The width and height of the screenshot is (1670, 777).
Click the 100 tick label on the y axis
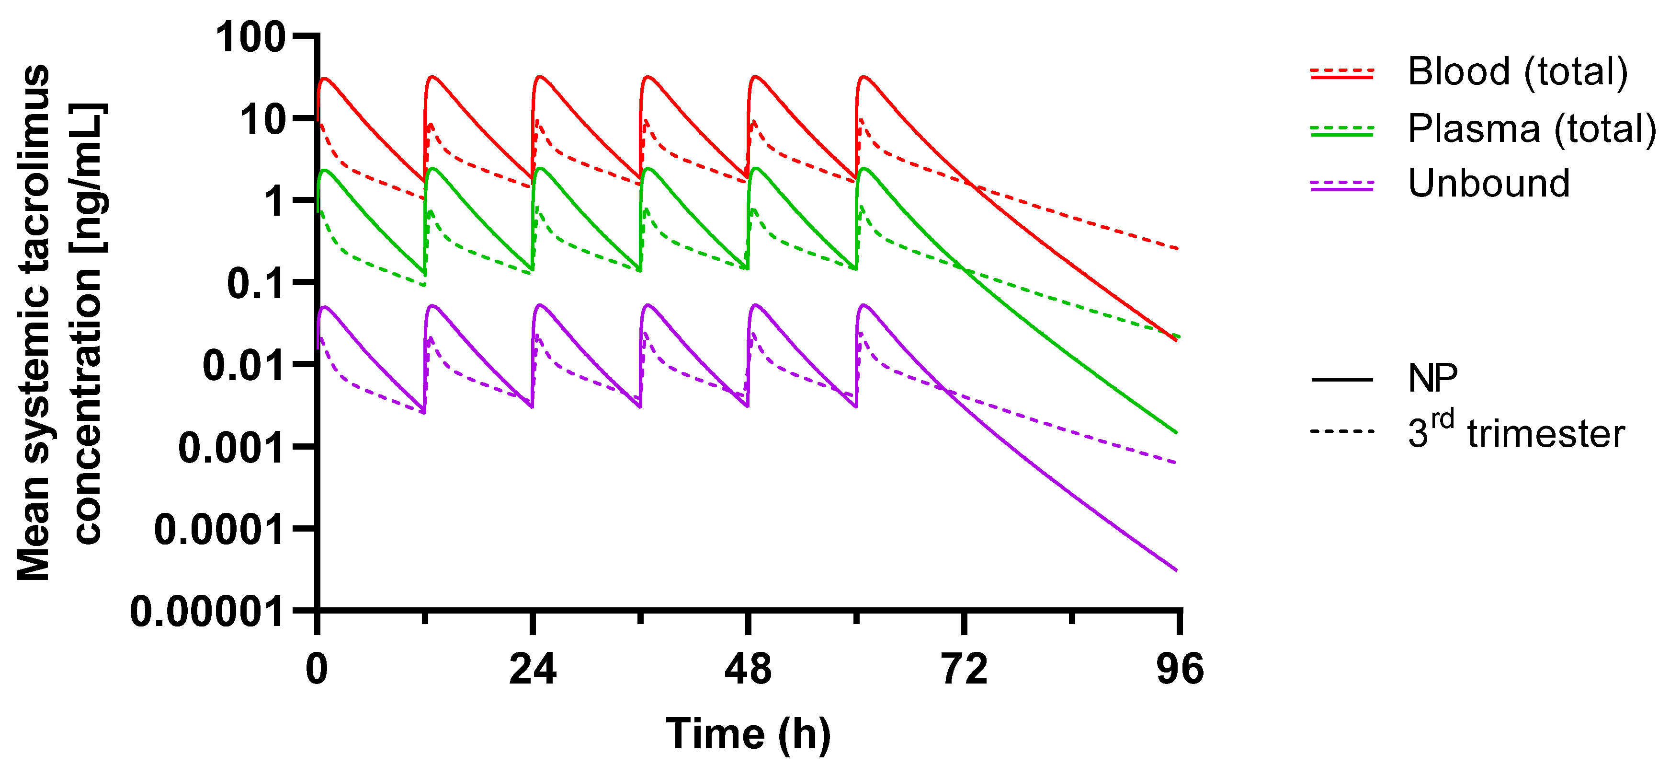250,37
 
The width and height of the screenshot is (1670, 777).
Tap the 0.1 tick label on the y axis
256,283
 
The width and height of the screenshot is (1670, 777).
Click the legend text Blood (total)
1518,71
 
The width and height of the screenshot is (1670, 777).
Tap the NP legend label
1433,379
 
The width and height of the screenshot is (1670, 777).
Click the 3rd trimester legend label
1516,432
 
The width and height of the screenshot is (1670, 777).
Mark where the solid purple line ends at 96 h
1176,570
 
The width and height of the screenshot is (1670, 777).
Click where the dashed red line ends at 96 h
1177,248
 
